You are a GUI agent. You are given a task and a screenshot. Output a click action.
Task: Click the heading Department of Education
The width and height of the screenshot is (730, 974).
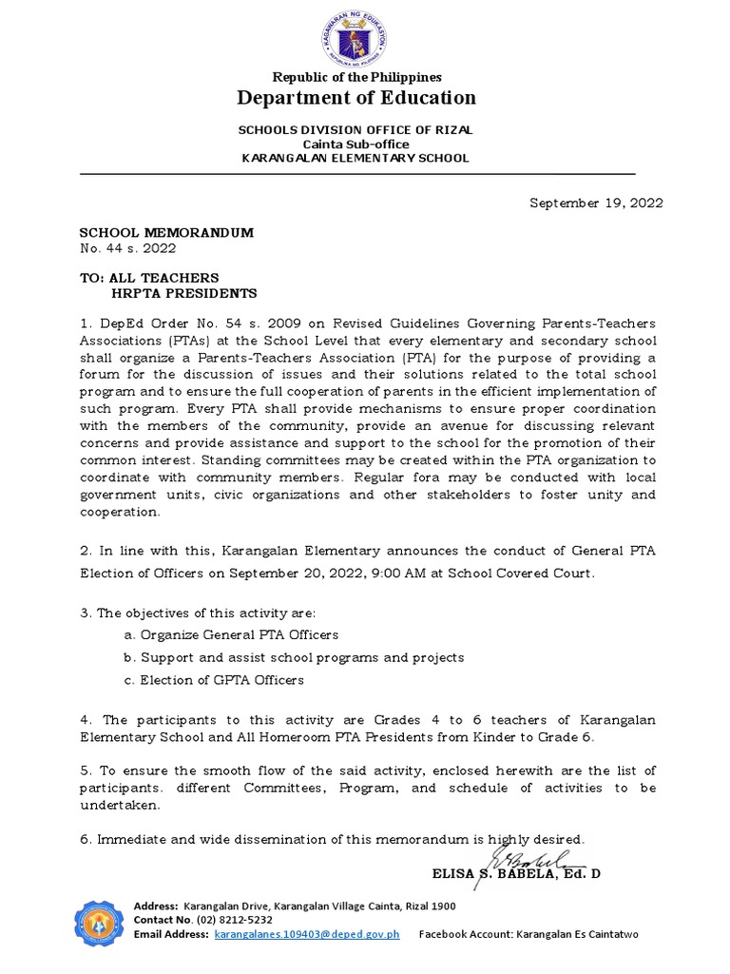[x=356, y=98]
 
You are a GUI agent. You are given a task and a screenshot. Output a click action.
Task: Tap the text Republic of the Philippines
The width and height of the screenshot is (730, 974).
[x=356, y=77]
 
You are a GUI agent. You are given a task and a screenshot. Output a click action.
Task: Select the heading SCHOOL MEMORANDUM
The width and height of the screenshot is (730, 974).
[x=166, y=233]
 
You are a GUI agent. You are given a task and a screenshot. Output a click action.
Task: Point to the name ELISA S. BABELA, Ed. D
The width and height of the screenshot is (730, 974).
[x=516, y=873]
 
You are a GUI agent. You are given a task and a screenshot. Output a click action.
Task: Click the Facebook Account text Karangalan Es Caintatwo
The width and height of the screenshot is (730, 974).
[x=577, y=935]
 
